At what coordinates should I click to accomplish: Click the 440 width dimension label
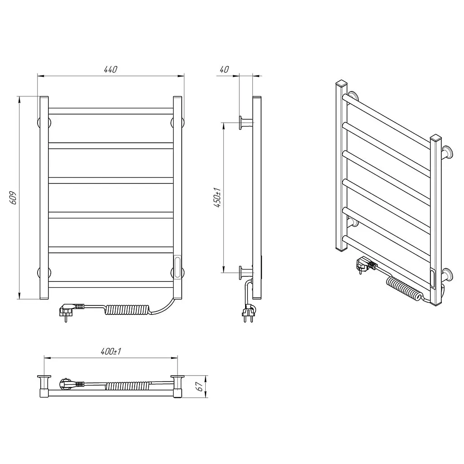[111, 69]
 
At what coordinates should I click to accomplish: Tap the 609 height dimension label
[13, 198]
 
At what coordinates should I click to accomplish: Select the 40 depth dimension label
[224, 69]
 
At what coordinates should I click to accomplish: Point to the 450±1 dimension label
[217, 198]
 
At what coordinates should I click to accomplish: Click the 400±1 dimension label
[111, 351]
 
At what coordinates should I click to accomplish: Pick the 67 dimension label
[200, 387]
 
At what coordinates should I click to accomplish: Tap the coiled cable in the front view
[127, 309]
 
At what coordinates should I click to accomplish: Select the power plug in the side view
[248, 313]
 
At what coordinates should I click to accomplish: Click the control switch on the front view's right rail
[177, 267]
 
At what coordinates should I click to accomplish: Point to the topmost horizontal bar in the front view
[111, 111]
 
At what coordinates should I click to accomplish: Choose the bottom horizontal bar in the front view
[111, 285]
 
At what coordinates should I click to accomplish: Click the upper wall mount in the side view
[246, 122]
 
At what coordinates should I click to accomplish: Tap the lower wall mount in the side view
[246, 272]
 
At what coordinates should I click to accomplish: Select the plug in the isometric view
[366, 264]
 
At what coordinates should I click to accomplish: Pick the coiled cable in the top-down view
[127, 385]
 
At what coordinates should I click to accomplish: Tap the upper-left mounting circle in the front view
[44, 122]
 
